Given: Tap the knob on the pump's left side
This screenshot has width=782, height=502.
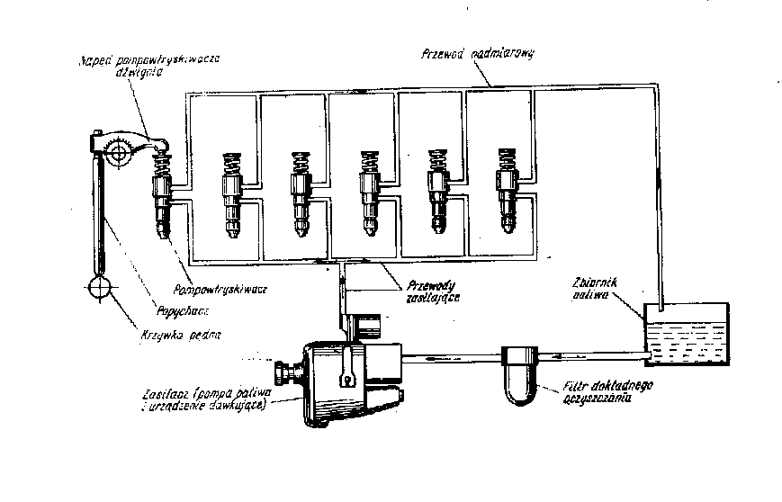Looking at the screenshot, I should pos(285,372).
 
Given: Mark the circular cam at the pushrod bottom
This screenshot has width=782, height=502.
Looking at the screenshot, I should pos(101,290).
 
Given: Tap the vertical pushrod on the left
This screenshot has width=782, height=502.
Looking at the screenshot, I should pos(99,216).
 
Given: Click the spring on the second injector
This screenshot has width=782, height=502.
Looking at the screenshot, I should pos(229,166).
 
